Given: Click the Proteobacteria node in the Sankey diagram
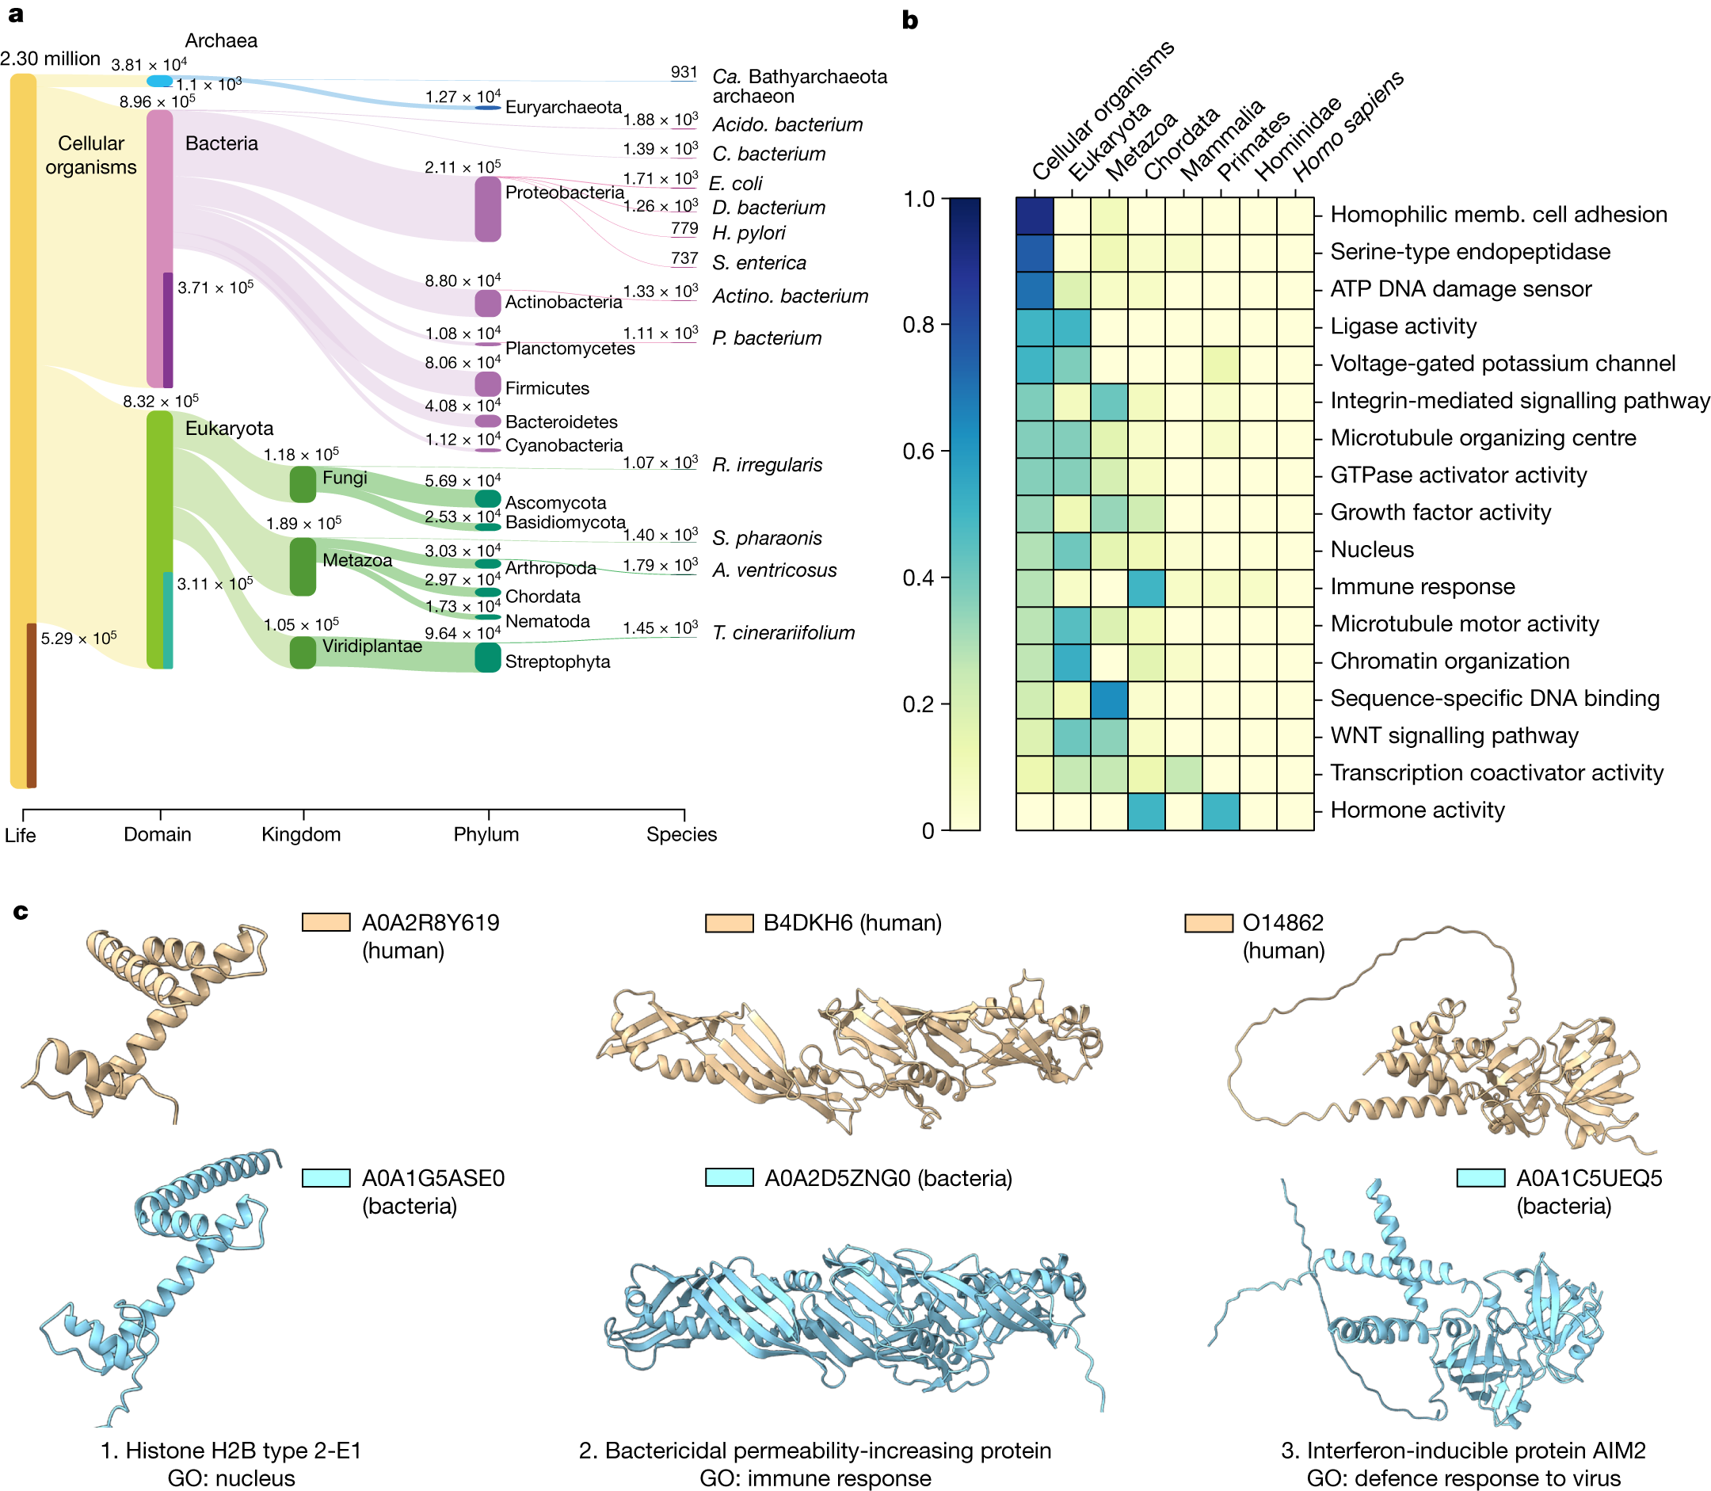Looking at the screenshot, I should [x=487, y=209].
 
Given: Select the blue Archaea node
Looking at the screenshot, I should [x=159, y=81].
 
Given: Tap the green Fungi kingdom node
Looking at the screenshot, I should [x=303, y=484].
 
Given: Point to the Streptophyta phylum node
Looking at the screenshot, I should [x=487, y=658].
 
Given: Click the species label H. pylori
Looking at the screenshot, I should [x=748, y=233].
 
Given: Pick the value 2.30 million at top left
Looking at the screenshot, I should [x=50, y=59].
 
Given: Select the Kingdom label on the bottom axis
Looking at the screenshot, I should [x=301, y=834].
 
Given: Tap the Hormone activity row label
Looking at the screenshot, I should [x=1417, y=810].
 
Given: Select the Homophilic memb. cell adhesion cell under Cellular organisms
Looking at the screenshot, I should [x=1035, y=216].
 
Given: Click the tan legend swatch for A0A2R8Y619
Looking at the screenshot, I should [x=326, y=922].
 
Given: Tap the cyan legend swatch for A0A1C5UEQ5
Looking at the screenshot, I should [x=1480, y=1178].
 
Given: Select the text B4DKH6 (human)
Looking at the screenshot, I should [x=852, y=923].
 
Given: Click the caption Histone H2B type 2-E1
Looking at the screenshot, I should [x=231, y=1451].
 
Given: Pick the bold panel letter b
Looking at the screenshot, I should [x=910, y=21].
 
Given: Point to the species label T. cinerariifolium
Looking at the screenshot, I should [x=783, y=633].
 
